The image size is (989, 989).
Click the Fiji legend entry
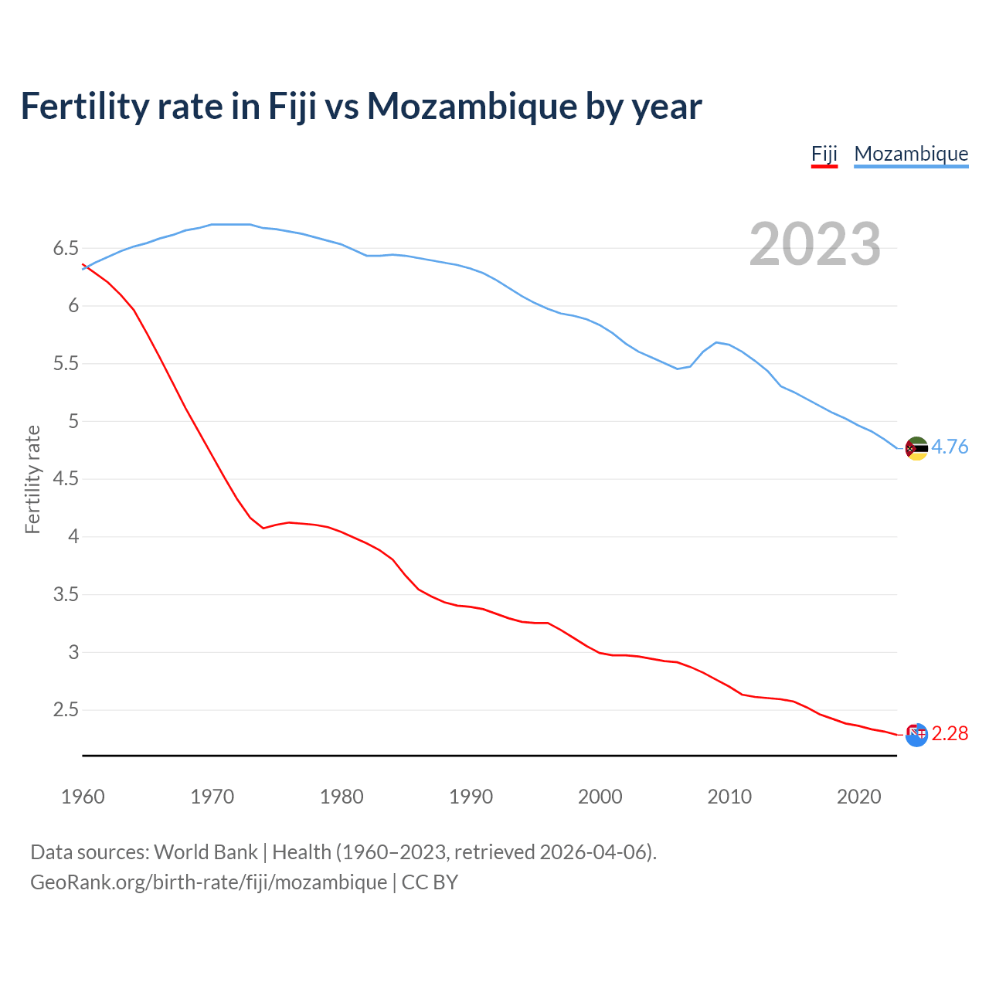pyautogui.click(x=824, y=154)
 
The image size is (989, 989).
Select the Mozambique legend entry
pyautogui.click(x=911, y=154)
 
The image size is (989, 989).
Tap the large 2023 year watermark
pyautogui.click(x=814, y=244)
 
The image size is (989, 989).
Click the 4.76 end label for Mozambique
pyautogui.click(x=950, y=447)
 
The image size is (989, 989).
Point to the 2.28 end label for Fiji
pyautogui.click(x=950, y=734)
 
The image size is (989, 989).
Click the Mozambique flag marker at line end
pyautogui.click(x=916, y=448)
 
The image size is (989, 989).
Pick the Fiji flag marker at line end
pyautogui.click(x=916, y=735)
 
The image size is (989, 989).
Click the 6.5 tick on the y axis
pyautogui.click(x=66, y=249)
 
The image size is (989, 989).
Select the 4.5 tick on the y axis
pyautogui.click(x=66, y=479)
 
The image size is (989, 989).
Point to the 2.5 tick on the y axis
pyautogui.click(x=66, y=710)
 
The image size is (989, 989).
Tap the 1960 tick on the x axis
pyautogui.click(x=83, y=797)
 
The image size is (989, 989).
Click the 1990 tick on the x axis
pyautogui.click(x=471, y=797)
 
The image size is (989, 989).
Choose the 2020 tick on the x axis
pyautogui.click(x=858, y=797)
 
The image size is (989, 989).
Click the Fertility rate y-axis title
pyautogui.click(x=32, y=479)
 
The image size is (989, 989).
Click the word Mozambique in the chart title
pyautogui.click(x=471, y=106)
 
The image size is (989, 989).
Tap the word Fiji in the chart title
pyautogui.click(x=292, y=106)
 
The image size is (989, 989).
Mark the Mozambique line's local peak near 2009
pyautogui.click(x=717, y=342)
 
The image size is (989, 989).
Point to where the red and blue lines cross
pyautogui.click(x=87, y=267)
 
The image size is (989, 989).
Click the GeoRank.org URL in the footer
pyautogui.click(x=209, y=882)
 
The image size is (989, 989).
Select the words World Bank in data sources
pyautogui.click(x=206, y=852)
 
